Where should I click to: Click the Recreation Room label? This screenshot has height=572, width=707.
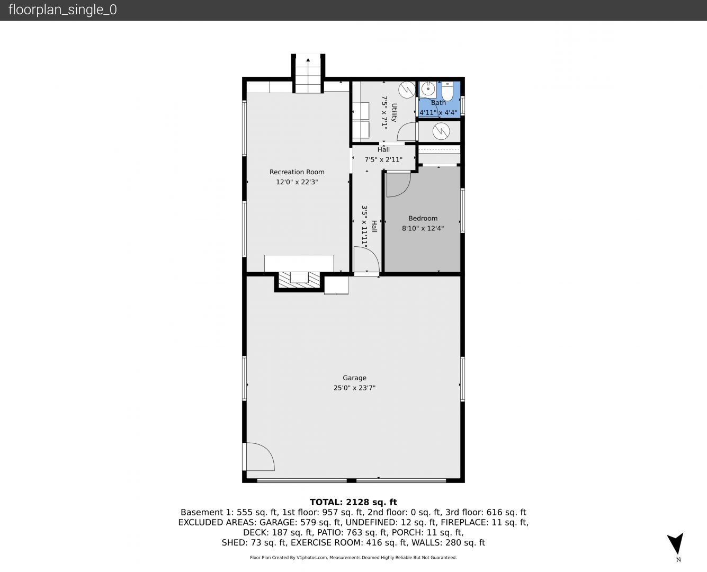[297, 172]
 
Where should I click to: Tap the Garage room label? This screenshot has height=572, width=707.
[354, 378]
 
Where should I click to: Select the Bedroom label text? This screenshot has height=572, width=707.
[423, 218]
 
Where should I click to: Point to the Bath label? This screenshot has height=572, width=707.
[438, 103]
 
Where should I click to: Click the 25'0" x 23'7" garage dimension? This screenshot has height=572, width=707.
[354, 388]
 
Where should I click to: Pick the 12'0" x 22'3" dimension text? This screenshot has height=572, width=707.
[297, 182]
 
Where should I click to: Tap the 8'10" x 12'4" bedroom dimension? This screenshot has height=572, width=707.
[423, 228]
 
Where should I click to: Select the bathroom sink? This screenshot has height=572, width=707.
[428, 89]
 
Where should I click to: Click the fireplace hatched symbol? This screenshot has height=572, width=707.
[299, 280]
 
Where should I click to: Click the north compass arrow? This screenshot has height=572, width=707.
[676, 543]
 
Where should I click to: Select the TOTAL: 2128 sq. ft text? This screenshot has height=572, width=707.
[353, 502]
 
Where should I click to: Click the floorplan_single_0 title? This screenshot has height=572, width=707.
[62, 10]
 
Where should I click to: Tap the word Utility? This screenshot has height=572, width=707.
[394, 112]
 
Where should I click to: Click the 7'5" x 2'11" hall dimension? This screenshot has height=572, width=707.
[383, 159]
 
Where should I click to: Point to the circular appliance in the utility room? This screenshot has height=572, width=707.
[407, 90]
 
